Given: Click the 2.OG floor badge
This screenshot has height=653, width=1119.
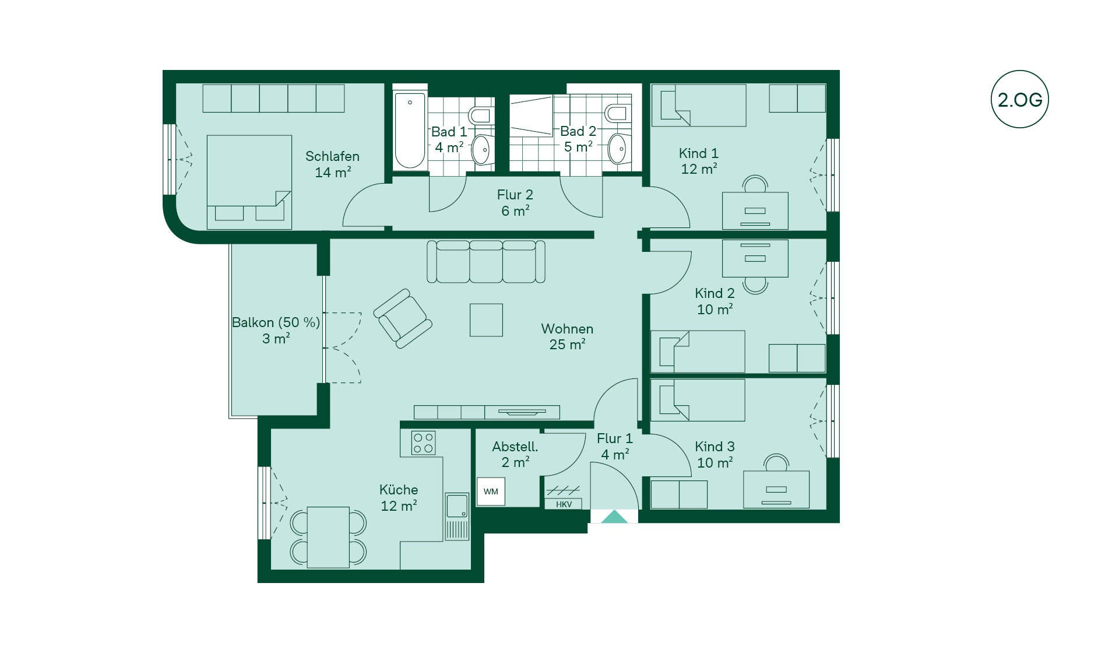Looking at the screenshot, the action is (x=1019, y=99).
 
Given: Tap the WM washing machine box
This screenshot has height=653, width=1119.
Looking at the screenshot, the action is (x=491, y=491).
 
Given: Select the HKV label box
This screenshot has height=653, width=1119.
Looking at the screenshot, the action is (x=564, y=504).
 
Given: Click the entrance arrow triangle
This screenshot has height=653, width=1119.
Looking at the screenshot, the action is (x=614, y=517).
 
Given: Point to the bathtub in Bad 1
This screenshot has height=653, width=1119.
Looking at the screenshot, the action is (x=410, y=130).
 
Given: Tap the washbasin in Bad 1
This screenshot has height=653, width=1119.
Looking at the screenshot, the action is (x=482, y=150).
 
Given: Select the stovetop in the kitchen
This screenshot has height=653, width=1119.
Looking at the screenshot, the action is (x=423, y=443).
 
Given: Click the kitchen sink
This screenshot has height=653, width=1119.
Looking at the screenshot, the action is (x=457, y=505).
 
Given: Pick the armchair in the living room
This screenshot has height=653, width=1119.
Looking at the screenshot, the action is (x=403, y=318).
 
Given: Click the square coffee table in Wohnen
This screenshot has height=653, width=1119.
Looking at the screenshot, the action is (x=486, y=320).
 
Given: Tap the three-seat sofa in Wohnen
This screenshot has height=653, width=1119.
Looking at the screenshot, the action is (x=486, y=262).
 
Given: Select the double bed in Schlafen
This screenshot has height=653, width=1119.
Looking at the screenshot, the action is (x=249, y=182).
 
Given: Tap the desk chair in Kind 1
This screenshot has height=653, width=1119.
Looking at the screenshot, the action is (x=755, y=184).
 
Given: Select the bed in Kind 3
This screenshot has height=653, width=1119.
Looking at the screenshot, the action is (x=698, y=400).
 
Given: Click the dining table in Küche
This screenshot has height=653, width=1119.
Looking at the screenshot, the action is (x=328, y=537).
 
